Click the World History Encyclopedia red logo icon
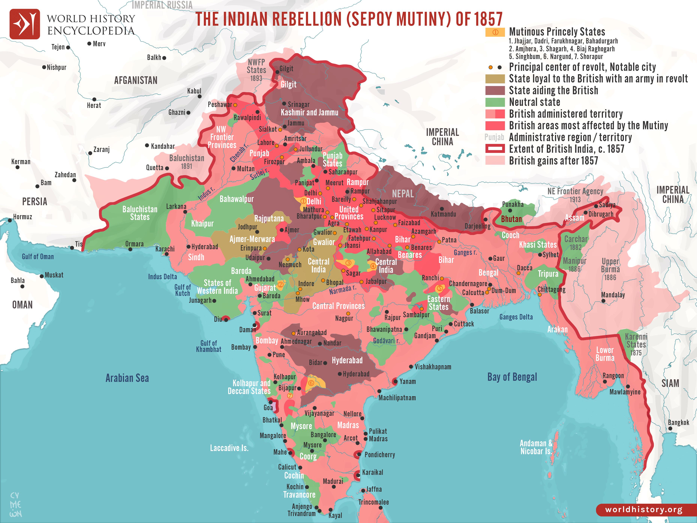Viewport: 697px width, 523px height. point(25,24)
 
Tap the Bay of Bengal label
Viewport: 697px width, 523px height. point(512,377)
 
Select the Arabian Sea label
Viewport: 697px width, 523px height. point(127,378)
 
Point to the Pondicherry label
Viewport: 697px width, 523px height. point(379,455)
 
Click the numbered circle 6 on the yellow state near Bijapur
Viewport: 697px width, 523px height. point(311,383)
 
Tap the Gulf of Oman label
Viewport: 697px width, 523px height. point(38,257)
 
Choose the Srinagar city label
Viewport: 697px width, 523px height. point(298,104)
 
